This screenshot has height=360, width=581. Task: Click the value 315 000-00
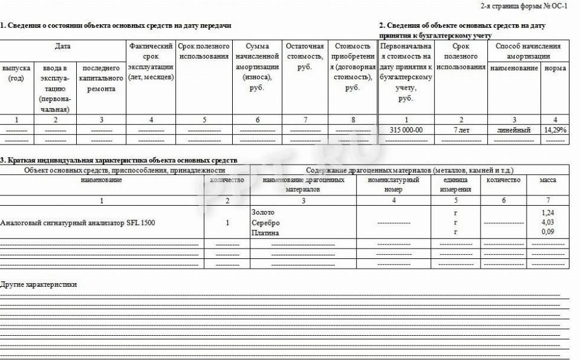pyautogui.click(x=406, y=130)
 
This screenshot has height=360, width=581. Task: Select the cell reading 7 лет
pyautogui.click(x=461, y=130)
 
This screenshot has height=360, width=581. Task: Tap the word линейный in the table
pyautogui.click(x=514, y=130)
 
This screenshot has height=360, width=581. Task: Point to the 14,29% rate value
pyautogui.click(x=555, y=130)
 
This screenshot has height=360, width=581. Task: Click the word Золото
pyautogui.click(x=262, y=212)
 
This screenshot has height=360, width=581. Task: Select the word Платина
pyautogui.click(x=265, y=232)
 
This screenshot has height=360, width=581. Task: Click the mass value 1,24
pyautogui.click(x=548, y=212)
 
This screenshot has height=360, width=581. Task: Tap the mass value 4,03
pyautogui.click(x=548, y=222)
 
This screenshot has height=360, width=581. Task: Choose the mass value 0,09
pyautogui.click(x=548, y=232)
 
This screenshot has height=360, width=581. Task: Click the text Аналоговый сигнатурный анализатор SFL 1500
pyautogui.click(x=77, y=223)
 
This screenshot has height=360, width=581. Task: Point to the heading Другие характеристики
pyautogui.click(x=39, y=284)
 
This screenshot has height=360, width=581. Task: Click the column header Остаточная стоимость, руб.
pyautogui.click(x=305, y=56)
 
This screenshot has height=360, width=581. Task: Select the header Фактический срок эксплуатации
pyautogui.click(x=151, y=62)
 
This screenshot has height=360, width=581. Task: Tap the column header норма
pyautogui.click(x=555, y=68)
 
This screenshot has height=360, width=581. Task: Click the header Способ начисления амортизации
pyautogui.click(x=528, y=51)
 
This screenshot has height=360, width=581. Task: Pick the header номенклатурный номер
pyautogui.click(x=393, y=185)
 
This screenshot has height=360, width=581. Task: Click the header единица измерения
pyautogui.click(x=456, y=185)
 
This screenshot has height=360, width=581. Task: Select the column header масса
pyautogui.click(x=548, y=180)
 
